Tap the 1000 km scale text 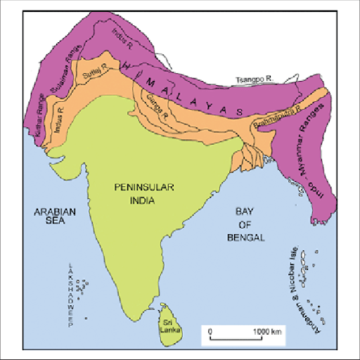click(x=268, y=330)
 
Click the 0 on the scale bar click(x=210, y=330)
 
